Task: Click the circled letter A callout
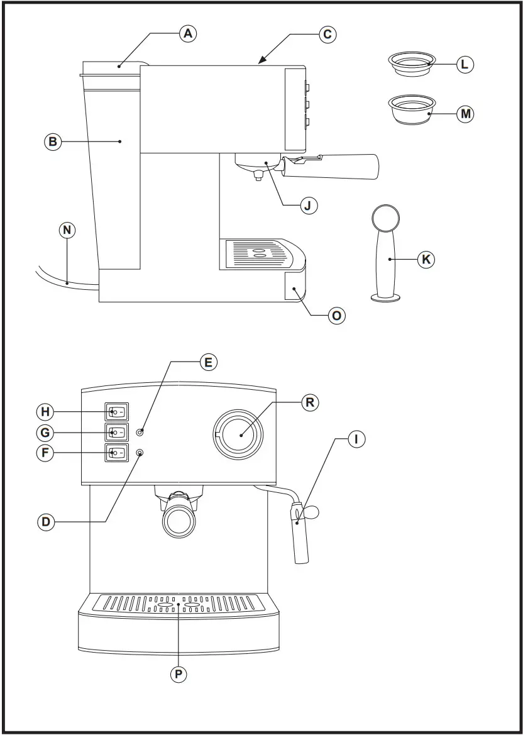click(x=187, y=33)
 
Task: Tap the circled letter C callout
click(x=327, y=33)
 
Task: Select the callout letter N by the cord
click(x=67, y=230)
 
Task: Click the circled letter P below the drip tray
click(x=179, y=674)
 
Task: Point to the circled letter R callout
click(x=309, y=402)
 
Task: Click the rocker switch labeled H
click(x=117, y=412)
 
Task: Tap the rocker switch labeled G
click(x=117, y=433)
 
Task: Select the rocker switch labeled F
click(x=117, y=453)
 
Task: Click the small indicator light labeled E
click(x=140, y=432)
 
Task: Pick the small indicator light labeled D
click(x=139, y=453)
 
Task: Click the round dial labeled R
click(x=239, y=434)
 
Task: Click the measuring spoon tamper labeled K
click(x=385, y=258)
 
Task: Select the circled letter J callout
click(x=308, y=205)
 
